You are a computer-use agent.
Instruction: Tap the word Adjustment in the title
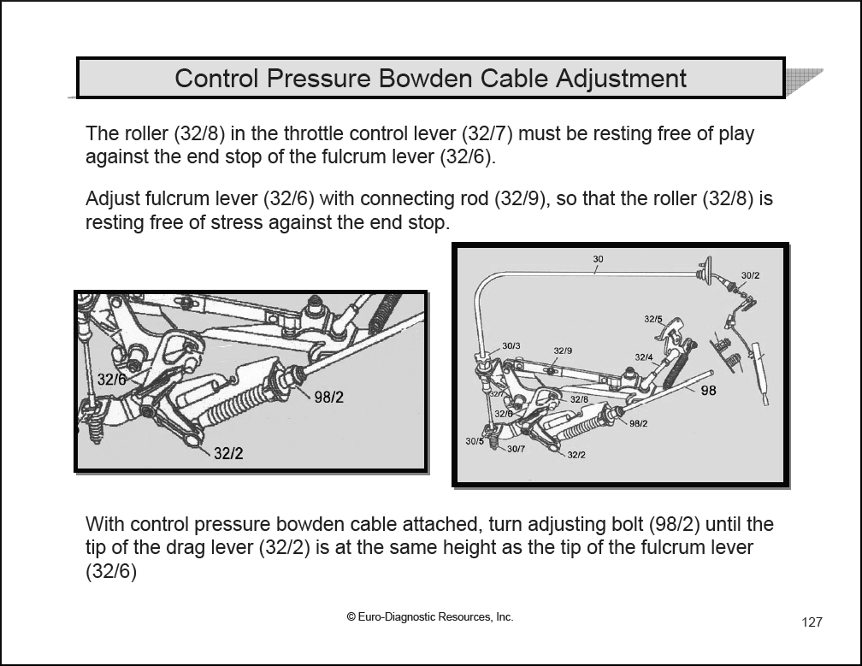[621, 79]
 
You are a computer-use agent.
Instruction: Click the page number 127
[812, 622]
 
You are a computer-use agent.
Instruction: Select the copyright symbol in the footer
[351, 616]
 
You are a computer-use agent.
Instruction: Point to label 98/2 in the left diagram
[328, 398]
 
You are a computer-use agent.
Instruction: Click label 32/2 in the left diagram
[228, 454]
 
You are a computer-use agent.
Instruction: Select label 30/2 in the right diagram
[750, 275]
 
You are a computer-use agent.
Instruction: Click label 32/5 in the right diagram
[653, 319]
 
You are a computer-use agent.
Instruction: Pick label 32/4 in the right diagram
[644, 357]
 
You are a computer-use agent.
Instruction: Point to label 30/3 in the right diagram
[511, 345]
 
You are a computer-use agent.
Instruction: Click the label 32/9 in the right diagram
[563, 351]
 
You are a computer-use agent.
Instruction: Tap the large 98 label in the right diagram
[708, 391]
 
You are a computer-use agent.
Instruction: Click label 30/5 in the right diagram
[475, 441]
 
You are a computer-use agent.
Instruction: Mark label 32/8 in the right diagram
[579, 399]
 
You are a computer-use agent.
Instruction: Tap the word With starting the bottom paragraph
[103, 524]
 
